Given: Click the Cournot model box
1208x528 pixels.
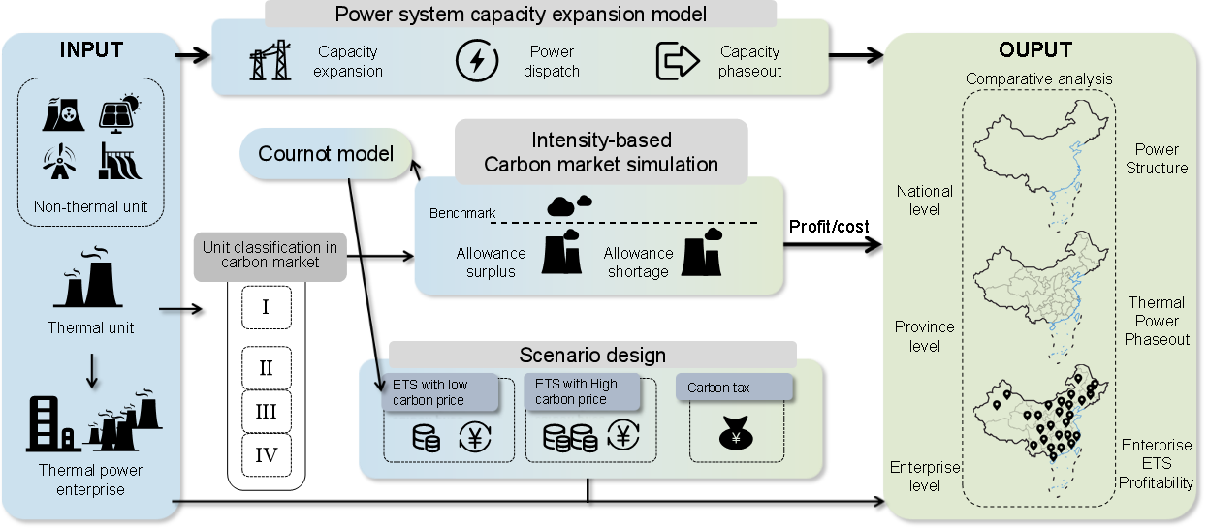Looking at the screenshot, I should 326,154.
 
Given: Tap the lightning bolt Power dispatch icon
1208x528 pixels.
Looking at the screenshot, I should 477,61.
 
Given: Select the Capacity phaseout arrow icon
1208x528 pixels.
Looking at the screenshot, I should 678,61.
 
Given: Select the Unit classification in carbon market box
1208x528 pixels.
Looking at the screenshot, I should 270,255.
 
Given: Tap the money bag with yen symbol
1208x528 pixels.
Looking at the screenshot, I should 736,435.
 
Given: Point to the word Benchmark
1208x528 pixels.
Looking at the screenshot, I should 461,212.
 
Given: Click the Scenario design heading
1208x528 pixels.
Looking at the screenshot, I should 592,355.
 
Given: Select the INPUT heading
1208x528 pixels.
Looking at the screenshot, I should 91,49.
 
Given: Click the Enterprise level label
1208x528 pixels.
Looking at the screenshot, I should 924,476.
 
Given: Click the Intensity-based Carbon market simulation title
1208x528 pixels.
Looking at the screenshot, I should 601,152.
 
